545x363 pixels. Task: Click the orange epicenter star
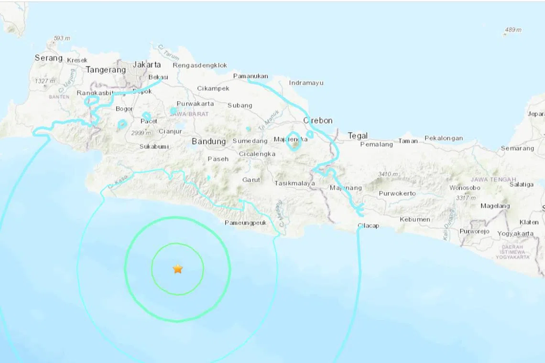tap(178, 269)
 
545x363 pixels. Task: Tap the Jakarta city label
tap(147, 64)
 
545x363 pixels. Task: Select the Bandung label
tap(208, 141)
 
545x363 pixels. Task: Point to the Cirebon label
tap(318, 120)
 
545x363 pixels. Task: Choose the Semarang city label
tap(517, 148)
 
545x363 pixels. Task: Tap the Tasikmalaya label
tap(295, 183)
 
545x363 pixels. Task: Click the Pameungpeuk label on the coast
tap(246, 223)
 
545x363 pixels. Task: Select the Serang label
tap(49, 58)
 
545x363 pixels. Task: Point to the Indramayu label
tap(306, 83)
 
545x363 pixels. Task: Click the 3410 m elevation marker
tap(388, 174)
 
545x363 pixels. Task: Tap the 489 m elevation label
tap(513, 30)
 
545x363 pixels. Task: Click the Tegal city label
tap(358, 136)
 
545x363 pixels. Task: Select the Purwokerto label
tap(397, 193)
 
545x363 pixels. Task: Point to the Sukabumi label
tap(154, 147)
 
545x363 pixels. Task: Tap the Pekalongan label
tap(444, 139)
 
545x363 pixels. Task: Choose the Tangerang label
tap(106, 70)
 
